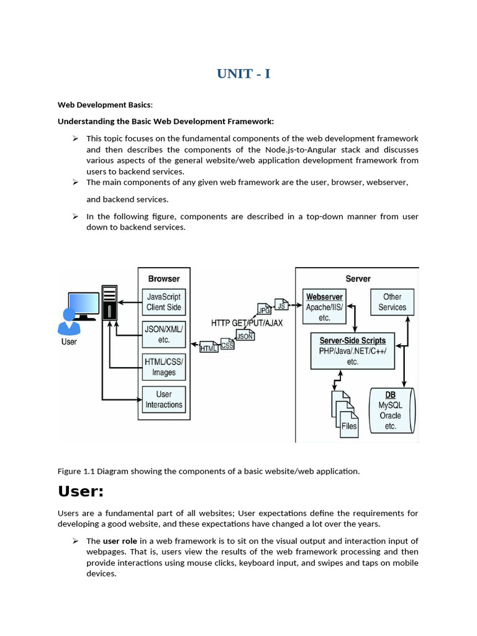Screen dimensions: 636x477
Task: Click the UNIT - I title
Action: click(243, 74)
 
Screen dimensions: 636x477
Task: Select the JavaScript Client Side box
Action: click(163, 302)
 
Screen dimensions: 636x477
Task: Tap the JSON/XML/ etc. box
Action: click(163, 335)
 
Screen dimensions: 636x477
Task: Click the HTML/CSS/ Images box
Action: click(163, 367)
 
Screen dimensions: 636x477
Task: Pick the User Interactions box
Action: click(163, 399)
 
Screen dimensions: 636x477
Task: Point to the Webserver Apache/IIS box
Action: click(324, 307)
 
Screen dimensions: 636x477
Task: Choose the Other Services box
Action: click(392, 302)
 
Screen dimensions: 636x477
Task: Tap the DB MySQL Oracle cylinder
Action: click(391, 411)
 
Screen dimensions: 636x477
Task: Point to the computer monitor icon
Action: click(83, 305)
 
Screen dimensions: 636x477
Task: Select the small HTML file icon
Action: click(209, 347)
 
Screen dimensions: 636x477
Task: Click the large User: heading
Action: click(80, 491)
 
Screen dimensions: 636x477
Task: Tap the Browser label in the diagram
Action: click(164, 279)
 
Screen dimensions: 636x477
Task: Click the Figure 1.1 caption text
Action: click(209, 471)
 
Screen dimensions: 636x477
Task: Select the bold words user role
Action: click(120, 541)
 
